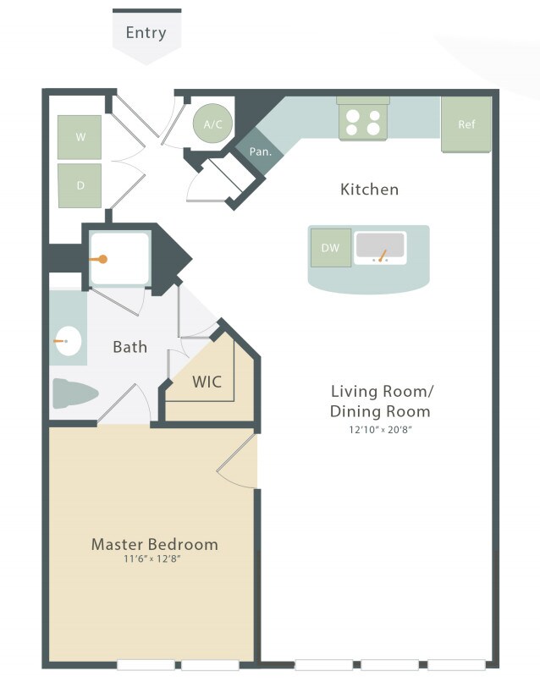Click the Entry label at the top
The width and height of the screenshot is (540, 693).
[146, 33]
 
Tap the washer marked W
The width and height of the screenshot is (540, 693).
[80, 136]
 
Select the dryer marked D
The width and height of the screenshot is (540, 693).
[80, 185]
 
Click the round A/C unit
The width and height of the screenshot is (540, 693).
[212, 124]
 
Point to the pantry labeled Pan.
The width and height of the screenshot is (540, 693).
[260, 152]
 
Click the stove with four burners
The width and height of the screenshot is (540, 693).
[363, 123]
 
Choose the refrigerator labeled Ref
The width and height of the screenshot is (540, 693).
[466, 124]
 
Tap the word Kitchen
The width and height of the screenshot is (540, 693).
[369, 189]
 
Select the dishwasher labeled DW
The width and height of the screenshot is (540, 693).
[330, 247]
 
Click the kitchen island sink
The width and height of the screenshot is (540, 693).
[380, 247]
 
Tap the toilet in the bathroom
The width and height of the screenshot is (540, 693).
[74, 393]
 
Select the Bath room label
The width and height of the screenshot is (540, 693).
[129, 346]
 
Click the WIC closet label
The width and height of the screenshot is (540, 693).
[207, 382]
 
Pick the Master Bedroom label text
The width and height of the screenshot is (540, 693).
[154, 543]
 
